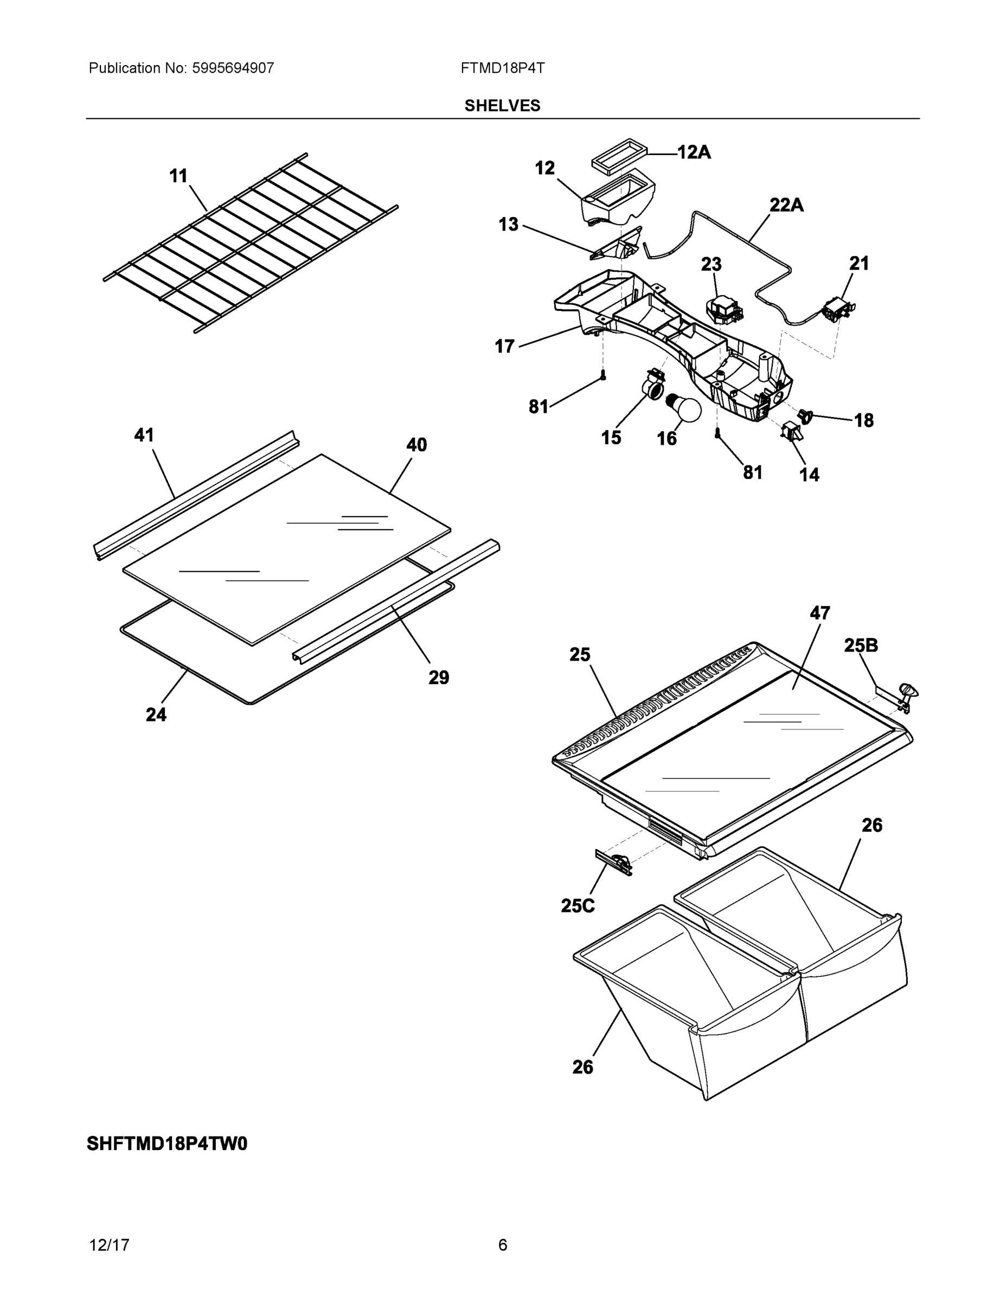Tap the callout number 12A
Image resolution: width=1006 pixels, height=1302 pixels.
pos(694,152)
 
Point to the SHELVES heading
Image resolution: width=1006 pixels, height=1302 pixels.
pos(502,106)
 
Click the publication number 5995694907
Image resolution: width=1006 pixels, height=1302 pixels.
pos(233,68)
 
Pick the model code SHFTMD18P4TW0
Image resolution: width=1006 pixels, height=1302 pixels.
pos(167,1144)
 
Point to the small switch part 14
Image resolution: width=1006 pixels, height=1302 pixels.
pos(791,432)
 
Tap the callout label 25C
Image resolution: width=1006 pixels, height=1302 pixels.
pos(578,905)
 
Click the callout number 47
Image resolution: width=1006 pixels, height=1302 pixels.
pos(819,613)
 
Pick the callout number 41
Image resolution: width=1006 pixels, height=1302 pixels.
pos(144,435)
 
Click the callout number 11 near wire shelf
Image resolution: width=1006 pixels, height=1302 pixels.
pos(178,176)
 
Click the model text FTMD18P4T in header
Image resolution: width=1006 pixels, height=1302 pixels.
pos(502,68)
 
